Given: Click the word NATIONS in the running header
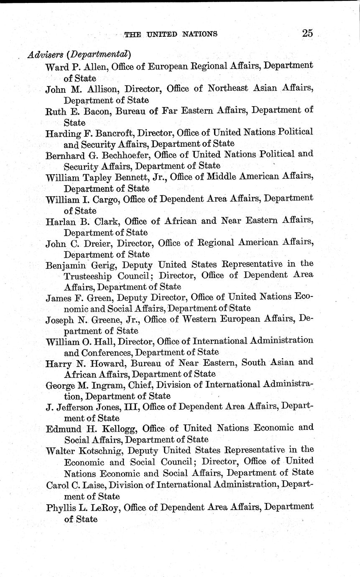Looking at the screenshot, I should coord(197,34).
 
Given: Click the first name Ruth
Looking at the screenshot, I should coord(56,110).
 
